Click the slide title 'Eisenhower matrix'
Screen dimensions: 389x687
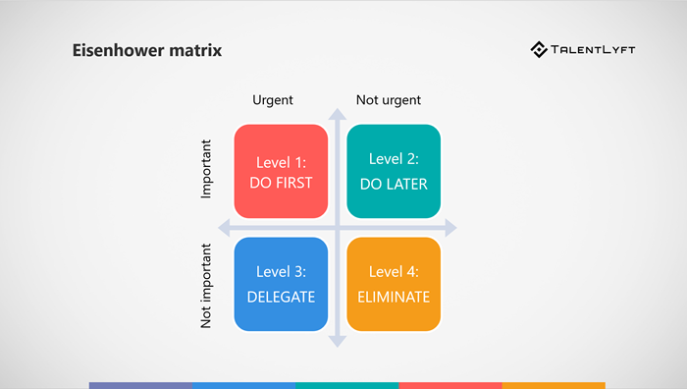click(147, 50)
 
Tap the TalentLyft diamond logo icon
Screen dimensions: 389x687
click(539, 49)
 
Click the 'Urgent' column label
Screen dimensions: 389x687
click(273, 100)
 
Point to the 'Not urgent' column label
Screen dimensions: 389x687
click(388, 100)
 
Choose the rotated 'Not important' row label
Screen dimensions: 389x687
click(206, 286)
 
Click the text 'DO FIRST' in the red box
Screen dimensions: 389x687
click(281, 183)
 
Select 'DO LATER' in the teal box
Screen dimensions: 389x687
click(394, 183)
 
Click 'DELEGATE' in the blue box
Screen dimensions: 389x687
click(281, 296)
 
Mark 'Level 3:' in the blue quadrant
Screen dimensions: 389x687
click(281, 272)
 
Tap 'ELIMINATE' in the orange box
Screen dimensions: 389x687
click(394, 296)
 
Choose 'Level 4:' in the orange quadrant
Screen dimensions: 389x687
click(394, 272)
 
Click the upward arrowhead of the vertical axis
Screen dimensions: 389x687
click(338, 116)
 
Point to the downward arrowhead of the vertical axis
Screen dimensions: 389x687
click(338, 341)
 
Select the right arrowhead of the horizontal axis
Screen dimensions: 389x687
click(450, 229)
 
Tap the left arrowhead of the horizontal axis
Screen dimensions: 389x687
click(225, 229)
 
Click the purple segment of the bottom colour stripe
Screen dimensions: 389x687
click(140, 385)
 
